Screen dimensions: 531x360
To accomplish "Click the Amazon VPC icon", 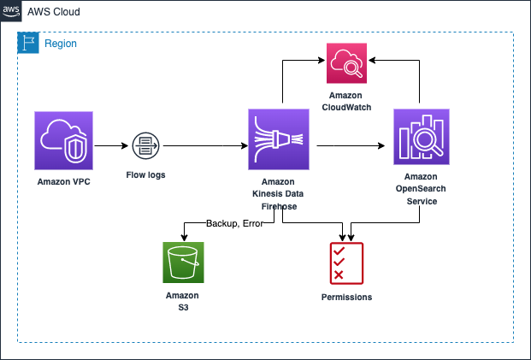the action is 63,140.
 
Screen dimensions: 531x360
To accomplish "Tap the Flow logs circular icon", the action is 145,146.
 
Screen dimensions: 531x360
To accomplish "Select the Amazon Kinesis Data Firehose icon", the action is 279,139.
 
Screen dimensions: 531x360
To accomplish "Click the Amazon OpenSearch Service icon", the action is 422,137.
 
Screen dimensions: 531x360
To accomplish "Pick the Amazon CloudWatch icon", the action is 346,63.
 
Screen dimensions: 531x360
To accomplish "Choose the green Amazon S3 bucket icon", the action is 183,263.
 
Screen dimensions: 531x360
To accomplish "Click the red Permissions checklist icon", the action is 346,263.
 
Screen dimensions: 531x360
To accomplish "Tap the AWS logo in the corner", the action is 11,11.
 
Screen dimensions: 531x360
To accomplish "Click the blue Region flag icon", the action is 28,43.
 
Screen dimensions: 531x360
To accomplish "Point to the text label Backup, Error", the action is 234,223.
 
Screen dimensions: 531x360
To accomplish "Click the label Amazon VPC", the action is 63,182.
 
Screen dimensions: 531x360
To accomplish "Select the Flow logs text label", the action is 145,175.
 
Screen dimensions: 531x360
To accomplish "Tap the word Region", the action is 61,44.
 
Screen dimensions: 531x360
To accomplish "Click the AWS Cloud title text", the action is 54,12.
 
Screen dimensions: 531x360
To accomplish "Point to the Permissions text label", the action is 346,297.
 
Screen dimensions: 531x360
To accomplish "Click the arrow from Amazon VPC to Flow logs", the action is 111,146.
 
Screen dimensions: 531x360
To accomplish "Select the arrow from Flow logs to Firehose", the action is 205,146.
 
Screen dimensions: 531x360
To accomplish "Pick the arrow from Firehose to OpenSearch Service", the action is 351,146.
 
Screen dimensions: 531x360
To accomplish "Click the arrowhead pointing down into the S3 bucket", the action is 184,238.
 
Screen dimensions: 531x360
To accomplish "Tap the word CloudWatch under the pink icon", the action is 346,108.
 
